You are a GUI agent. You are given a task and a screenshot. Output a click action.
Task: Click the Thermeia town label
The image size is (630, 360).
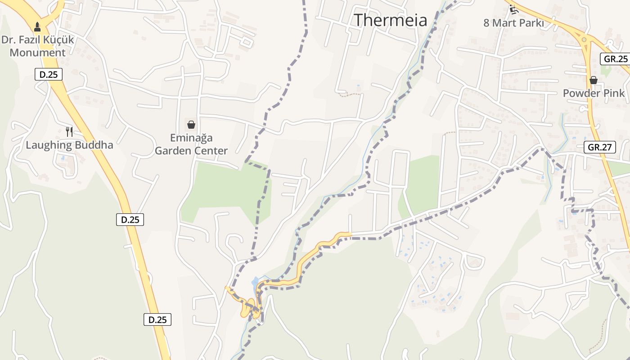click(x=390, y=20)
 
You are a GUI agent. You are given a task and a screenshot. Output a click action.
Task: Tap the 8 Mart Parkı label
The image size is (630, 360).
click(x=513, y=23)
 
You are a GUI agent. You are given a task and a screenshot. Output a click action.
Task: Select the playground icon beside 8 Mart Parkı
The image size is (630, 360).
click(x=513, y=9)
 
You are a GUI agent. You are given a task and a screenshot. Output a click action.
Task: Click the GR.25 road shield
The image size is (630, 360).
click(x=616, y=58)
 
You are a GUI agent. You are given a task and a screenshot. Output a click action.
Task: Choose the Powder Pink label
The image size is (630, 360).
click(x=594, y=93)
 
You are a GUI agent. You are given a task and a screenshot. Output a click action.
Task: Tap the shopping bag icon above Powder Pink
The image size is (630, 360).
click(x=594, y=80)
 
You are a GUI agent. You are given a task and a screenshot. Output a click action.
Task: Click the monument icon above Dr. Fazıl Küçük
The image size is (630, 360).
click(x=37, y=27)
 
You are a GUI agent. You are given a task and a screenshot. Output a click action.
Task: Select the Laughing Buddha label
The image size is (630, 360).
click(x=69, y=145)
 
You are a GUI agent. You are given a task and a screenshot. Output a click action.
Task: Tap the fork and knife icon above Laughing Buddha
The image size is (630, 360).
click(x=69, y=131)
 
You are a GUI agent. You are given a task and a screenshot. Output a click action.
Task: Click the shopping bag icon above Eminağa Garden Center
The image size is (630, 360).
click(x=191, y=124)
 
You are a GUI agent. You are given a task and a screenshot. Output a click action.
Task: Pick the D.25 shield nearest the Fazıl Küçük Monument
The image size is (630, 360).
click(x=49, y=75)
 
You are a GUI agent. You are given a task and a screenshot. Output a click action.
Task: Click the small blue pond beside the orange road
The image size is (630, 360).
click(x=255, y=282)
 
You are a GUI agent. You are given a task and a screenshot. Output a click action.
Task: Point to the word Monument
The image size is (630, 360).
click(x=37, y=53)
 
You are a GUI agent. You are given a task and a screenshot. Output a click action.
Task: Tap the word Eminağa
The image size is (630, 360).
click(x=191, y=138)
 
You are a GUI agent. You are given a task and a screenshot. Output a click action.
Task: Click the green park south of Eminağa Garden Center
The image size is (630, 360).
click(x=225, y=189)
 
